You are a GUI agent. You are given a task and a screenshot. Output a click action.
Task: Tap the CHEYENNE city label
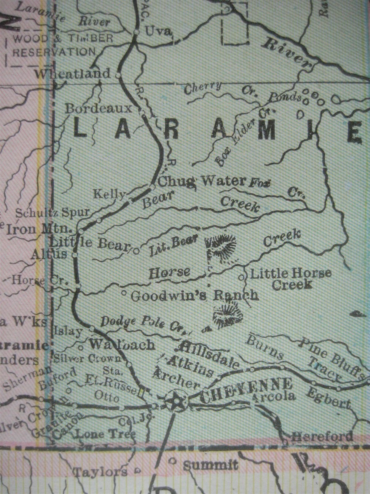(246, 387)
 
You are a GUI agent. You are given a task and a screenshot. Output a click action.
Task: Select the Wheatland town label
(73, 74)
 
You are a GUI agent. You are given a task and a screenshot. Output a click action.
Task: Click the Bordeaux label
(99, 109)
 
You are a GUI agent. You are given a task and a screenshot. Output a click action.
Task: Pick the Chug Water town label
(201, 181)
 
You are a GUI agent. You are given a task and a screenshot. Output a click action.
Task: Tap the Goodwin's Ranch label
(194, 295)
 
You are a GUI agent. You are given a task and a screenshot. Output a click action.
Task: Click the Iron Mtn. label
(39, 229)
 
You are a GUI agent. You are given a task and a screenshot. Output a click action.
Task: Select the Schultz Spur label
(52, 212)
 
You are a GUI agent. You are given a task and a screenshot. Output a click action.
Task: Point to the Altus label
(49, 254)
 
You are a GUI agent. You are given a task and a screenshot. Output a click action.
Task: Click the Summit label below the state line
(210, 465)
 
